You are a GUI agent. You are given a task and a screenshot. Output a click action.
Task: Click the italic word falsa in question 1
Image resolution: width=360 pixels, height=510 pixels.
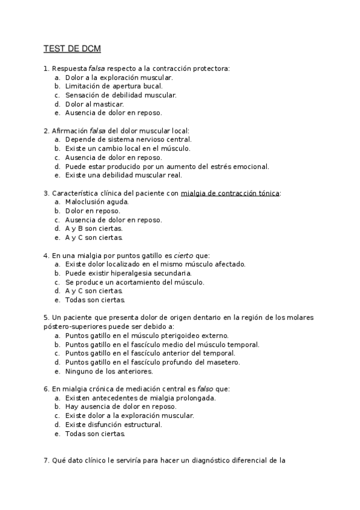pos(97,69)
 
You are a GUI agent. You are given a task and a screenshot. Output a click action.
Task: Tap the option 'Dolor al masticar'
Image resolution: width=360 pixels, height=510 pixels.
pos(94,103)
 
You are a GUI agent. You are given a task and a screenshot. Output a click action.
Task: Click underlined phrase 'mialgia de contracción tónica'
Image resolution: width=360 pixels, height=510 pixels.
pos(230,193)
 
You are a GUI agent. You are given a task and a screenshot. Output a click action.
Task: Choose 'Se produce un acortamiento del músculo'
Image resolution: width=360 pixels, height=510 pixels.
pos(135,281)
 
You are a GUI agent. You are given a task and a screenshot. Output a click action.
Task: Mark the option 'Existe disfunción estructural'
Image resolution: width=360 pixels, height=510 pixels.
pos(114,425)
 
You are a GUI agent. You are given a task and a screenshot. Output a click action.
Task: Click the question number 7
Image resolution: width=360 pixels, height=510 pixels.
pos(46,461)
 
